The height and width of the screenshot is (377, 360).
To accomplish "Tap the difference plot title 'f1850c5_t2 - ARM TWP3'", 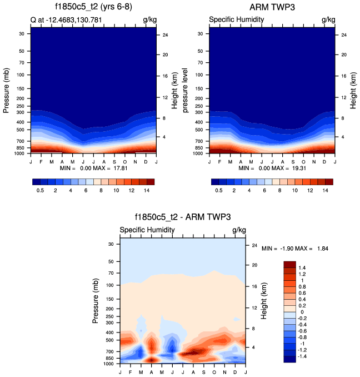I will coord(182,217).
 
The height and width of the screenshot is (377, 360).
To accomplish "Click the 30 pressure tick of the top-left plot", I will coord(22,34).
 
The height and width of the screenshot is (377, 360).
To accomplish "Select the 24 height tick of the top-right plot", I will coord(344,35).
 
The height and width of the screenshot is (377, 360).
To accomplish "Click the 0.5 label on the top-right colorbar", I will coord(219,190).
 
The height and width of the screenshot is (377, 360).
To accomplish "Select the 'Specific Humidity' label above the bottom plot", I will coord(147,230).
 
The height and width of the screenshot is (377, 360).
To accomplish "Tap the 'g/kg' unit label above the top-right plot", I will coord(328,20).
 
